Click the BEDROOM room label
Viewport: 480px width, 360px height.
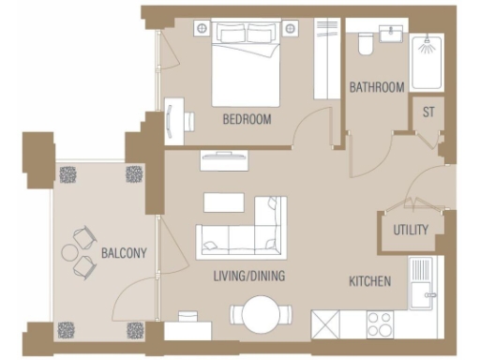247,119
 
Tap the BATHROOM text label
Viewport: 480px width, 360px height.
377,87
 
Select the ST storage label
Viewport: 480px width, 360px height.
428,113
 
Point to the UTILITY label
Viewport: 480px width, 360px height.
411,230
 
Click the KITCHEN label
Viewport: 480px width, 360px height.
370,281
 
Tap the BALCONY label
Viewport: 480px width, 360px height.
123,254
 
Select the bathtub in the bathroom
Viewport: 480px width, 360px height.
428,57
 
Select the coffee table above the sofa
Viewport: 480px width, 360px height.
223,202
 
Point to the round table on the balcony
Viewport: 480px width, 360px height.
71,252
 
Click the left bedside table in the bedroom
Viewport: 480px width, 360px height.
202,28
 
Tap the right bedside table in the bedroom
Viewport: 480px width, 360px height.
290,28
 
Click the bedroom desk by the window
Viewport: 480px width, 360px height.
173,120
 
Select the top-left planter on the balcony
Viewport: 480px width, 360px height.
68,174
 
